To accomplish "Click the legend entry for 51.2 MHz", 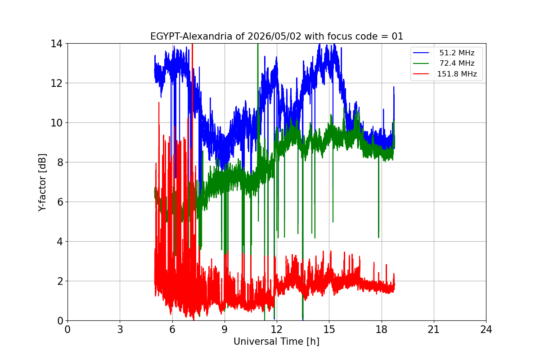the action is coord(457,53).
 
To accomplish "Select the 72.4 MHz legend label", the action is coord(457,63).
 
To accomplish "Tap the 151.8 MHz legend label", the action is coord(457,74).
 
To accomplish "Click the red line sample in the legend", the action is coord(421,74).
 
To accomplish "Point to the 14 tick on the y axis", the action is coord(56,44).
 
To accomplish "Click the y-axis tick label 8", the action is coord(60,162).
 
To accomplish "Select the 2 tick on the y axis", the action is coord(60,281).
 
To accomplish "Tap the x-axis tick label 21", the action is coord(434,329).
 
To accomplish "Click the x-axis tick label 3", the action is coord(120,329).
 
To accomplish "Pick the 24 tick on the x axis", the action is coord(486,329).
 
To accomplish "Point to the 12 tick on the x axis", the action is coord(277,329).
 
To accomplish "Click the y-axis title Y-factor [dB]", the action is coord(42,183).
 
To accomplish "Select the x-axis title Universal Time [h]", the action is coord(276,342).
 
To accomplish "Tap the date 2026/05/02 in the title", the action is coord(274,36).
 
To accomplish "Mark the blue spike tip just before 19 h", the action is coord(394,87).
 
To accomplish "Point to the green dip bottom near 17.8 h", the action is coord(378,238).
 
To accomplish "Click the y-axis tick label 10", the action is coord(56,123).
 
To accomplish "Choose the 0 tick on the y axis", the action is coord(60,321).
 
